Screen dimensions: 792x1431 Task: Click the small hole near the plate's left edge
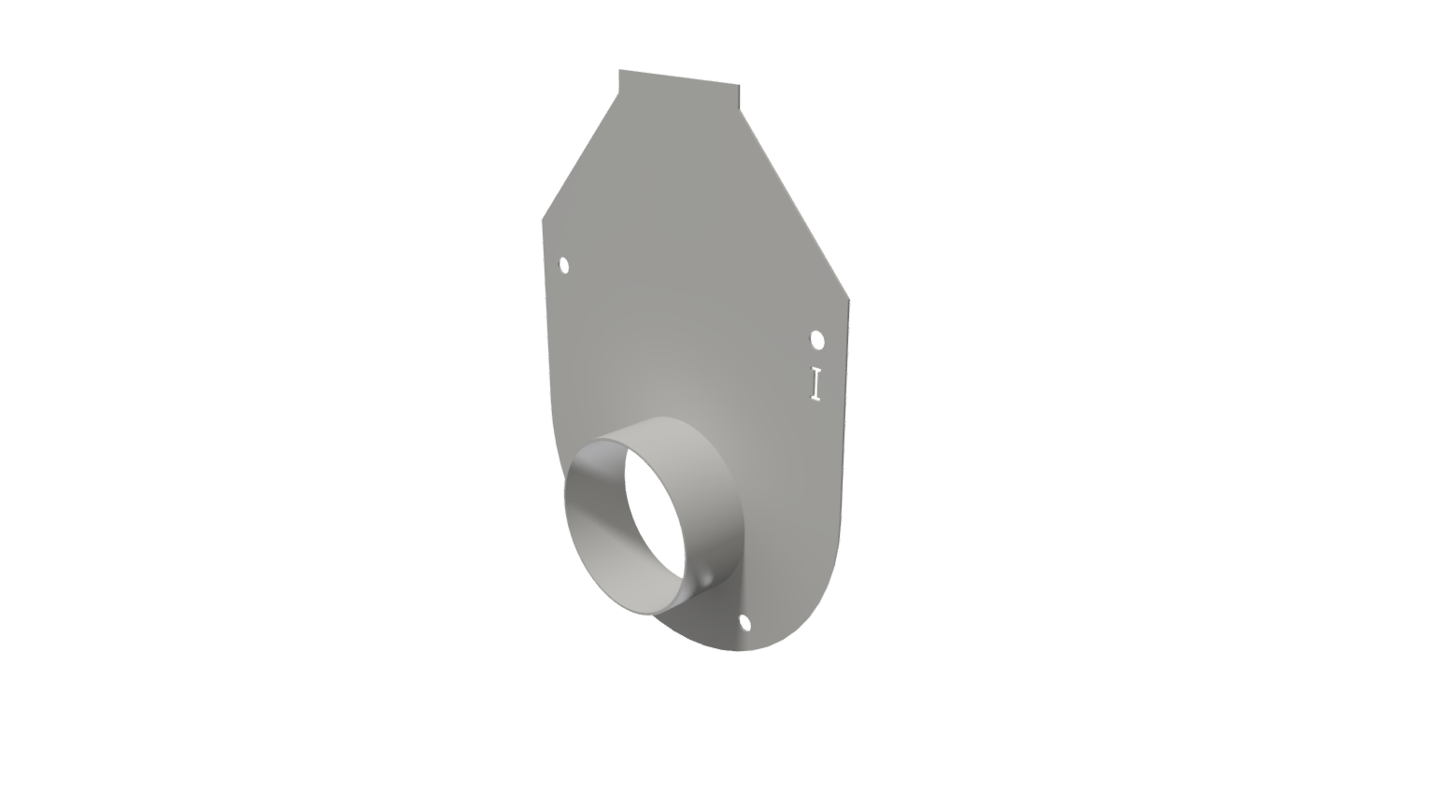pyautogui.click(x=564, y=266)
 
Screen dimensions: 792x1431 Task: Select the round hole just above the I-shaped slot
pyautogui.click(x=817, y=339)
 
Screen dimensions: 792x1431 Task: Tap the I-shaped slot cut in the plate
pyautogui.click(x=815, y=383)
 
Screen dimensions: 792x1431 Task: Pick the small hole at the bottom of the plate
pyautogui.click(x=744, y=622)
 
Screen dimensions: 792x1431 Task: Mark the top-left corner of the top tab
pyautogui.click(x=619, y=70)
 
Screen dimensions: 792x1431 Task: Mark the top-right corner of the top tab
pyautogui.click(x=739, y=85)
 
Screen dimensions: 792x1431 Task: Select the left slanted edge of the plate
pyautogui.click(x=580, y=157)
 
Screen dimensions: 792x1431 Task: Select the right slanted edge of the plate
pyautogui.click(x=794, y=205)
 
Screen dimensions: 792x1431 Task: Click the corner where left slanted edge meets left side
pyautogui.click(x=543, y=220)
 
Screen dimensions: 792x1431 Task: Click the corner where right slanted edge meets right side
pyautogui.click(x=849, y=300)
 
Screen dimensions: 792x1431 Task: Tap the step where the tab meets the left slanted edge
pyautogui.click(x=619, y=92)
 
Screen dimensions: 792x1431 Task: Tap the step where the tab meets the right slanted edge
pyautogui.click(x=740, y=108)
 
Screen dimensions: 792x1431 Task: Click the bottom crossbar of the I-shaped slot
pyautogui.click(x=815, y=399)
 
